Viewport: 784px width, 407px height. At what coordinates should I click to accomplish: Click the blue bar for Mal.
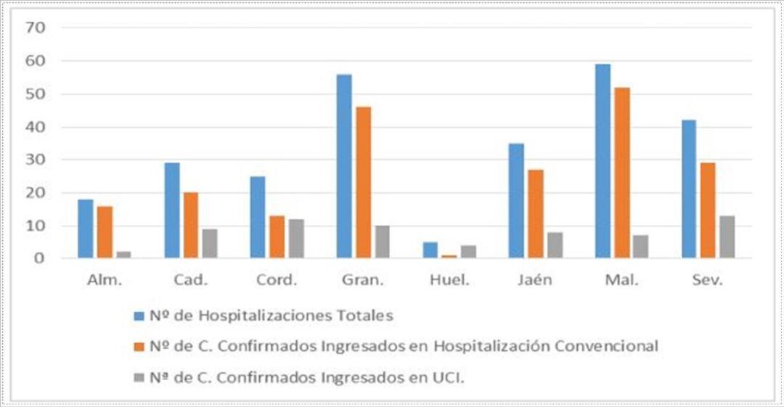603,161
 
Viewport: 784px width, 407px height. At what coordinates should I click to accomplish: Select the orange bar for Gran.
363,182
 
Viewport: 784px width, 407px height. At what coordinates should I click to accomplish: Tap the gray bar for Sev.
727,237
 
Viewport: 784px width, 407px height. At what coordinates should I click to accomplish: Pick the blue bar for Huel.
430,250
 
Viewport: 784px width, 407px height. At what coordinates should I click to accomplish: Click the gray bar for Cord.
296,238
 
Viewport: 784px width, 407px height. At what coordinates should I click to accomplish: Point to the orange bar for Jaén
536,213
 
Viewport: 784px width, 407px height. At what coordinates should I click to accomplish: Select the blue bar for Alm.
86,229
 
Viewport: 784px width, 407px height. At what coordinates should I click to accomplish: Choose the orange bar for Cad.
191,225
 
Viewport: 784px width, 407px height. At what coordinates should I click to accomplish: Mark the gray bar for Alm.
123,254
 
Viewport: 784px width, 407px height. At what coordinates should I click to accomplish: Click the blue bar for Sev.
689,189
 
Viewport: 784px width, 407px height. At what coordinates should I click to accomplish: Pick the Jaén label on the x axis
536,281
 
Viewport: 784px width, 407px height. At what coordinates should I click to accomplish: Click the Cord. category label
277,281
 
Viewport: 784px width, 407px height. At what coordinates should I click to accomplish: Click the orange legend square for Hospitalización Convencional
139,347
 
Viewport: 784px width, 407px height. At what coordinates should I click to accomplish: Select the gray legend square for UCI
139,377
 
